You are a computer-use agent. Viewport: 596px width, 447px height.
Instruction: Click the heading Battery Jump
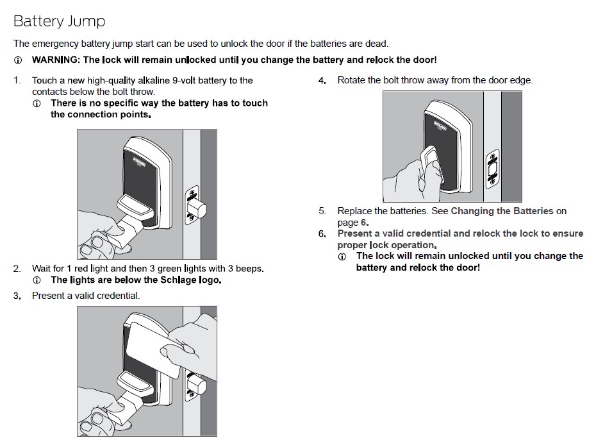pyautogui.click(x=59, y=21)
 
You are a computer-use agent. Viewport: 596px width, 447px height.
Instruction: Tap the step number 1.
pyautogui.click(x=17, y=81)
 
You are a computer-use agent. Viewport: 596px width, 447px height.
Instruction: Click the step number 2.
pyautogui.click(x=17, y=269)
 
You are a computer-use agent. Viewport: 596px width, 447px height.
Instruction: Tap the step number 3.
pyautogui.click(x=17, y=296)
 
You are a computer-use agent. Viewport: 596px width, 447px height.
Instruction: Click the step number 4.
pyautogui.click(x=322, y=81)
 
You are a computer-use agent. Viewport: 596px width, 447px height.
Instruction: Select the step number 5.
pyautogui.click(x=322, y=211)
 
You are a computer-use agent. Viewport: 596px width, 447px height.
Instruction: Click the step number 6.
pyautogui.click(x=322, y=234)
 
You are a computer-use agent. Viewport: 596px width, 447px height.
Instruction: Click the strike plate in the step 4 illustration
pyautogui.click(x=492, y=169)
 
